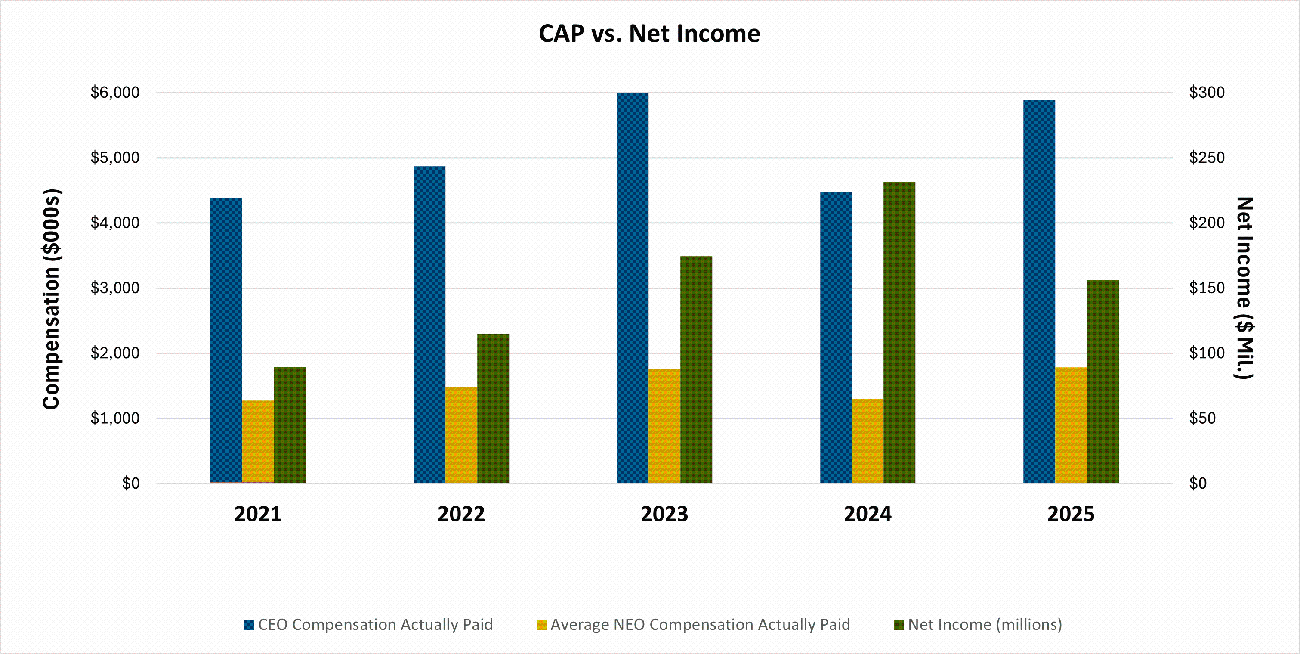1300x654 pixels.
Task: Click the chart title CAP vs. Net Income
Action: coord(649,34)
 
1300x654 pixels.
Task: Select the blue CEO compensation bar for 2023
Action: coord(632,288)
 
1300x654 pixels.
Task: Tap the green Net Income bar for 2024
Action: coord(899,332)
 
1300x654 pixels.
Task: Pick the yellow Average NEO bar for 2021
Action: coord(258,442)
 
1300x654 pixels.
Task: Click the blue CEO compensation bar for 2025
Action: coord(1039,291)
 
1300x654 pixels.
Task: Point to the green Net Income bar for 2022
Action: coord(493,408)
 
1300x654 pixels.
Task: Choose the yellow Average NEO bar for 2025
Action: coord(1071,425)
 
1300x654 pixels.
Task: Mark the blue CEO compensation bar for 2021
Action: coord(226,341)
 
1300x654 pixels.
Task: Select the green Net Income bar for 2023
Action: coord(696,370)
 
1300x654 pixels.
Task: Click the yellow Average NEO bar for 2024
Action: coord(868,441)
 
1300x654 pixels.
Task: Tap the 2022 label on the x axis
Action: coord(461,514)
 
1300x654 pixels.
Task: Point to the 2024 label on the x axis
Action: coord(868,514)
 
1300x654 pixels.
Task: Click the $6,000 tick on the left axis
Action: coord(114,93)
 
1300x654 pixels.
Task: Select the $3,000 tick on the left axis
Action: coord(114,288)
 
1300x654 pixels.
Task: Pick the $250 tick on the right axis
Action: coord(1207,158)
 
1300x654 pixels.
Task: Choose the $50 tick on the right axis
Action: coord(1202,418)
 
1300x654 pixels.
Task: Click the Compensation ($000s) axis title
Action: coord(52,299)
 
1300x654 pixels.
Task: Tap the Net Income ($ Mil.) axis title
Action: coord(1244,288)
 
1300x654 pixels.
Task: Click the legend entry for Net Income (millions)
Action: coord(978,625)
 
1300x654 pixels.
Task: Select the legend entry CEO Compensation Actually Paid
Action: coord(368,625)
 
